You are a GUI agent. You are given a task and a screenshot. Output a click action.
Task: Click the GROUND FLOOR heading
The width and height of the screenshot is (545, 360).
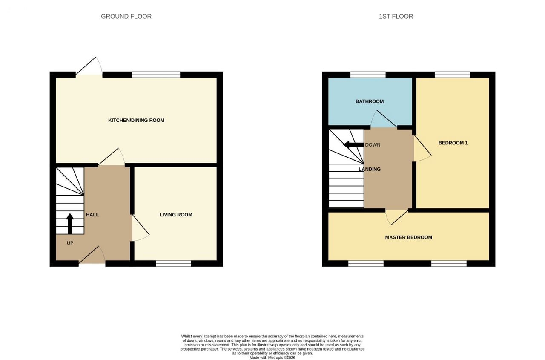[x=126, y=17]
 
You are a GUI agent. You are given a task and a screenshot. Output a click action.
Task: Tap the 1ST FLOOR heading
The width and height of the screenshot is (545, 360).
[x=396, y=17]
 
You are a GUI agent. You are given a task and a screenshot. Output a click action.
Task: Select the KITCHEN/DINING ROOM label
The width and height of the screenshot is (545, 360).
[x=136, y=120]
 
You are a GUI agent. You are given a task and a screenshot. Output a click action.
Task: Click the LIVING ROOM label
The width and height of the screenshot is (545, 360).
[x=176, y=215]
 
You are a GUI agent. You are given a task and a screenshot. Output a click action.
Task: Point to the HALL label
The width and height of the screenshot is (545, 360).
[x=92, y=215]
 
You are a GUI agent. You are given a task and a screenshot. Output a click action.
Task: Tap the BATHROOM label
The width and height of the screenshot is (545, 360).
[x=370, y=101]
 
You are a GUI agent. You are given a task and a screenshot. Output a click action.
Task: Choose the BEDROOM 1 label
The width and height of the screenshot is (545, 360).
[x=453, y=143]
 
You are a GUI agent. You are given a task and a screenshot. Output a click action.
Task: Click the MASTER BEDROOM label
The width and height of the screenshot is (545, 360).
[x=409, y=237]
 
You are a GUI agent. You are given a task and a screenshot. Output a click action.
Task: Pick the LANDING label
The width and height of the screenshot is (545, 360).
[x=370, y=169]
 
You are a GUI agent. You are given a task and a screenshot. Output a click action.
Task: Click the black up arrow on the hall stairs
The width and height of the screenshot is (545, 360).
[x=70, y=224]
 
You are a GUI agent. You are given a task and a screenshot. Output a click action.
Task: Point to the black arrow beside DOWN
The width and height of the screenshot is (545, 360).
[x=353, y=144]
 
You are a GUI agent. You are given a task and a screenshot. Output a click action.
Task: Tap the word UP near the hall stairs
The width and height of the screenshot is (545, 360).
[x=70, y=243]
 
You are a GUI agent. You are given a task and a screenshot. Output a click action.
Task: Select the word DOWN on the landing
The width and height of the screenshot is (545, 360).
[x=373, y=145]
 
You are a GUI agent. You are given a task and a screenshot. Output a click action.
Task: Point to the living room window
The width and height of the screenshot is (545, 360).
[x=173, y=264]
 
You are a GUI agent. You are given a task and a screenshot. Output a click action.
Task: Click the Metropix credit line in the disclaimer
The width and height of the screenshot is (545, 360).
[x=272, y=357]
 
